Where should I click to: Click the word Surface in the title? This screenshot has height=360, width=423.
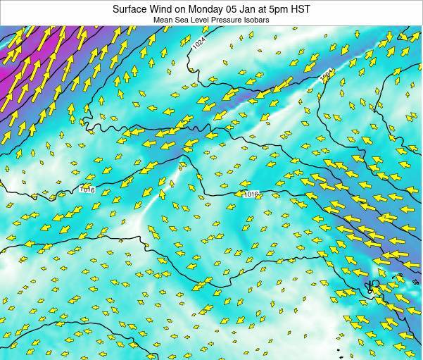coord(132,9)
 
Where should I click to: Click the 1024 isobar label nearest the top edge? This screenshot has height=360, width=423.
coord(200,43)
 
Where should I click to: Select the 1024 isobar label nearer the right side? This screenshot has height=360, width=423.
coord(327,75)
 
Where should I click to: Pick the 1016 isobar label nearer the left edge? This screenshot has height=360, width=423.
coord(87,189)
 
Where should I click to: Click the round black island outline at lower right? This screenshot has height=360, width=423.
coord(374,285)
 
